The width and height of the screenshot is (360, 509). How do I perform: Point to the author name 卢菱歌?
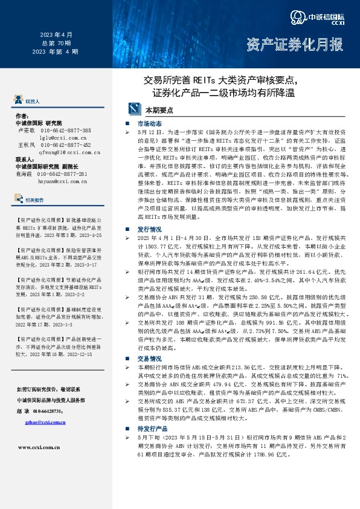[x=27, y=131]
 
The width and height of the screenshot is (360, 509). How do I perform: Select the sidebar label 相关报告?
[x=34, y=199]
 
